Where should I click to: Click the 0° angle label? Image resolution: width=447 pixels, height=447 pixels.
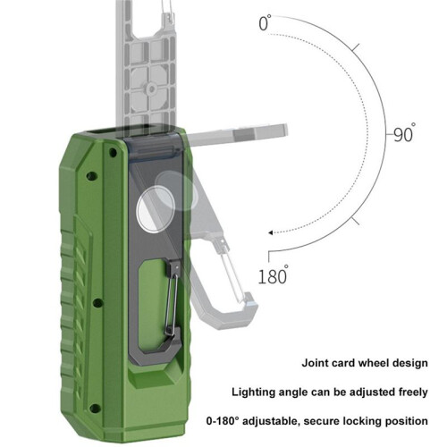click(x=265, y=23)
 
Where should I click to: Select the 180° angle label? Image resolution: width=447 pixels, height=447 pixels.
click(x=273, y=274)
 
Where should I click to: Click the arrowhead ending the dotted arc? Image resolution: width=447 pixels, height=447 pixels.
click(x=271, y=232)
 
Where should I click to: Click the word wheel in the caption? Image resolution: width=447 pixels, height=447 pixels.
click(x=374, y=363)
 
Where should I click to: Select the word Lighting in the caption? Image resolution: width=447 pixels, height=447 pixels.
click(x=254, y=392)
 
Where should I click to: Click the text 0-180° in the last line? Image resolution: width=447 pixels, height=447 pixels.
click(x=223, y=421)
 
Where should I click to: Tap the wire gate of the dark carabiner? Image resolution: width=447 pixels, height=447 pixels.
click(x=172, y=301)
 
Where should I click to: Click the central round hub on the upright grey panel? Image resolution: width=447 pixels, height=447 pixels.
click(x=151, y=89)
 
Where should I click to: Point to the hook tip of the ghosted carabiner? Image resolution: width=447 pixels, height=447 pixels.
click(x=249, y=298)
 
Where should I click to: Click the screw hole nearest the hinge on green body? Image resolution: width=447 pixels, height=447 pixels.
click(x=113, y=152)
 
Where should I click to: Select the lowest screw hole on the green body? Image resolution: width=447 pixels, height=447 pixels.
click(x=95, y=409)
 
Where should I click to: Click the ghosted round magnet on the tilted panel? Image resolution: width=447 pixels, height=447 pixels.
click(x=176, y=190)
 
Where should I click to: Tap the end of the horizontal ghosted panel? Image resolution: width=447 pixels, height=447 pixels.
click(x=286, y=130)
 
